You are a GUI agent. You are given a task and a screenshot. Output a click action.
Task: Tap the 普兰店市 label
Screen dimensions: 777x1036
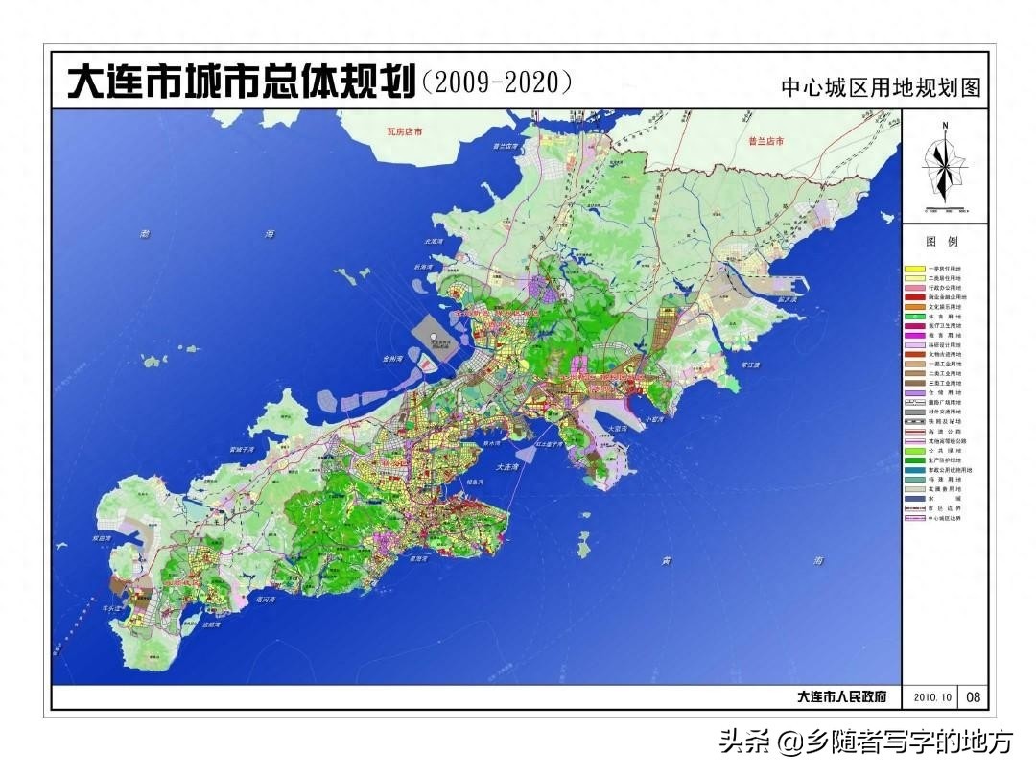point(766,141)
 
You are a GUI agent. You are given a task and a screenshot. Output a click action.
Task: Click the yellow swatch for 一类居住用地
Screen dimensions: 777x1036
point(915,268)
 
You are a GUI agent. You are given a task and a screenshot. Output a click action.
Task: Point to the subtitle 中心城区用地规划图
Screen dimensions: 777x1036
point(882,88)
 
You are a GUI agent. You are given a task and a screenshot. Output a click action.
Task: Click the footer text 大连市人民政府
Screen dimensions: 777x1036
point(841,697)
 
